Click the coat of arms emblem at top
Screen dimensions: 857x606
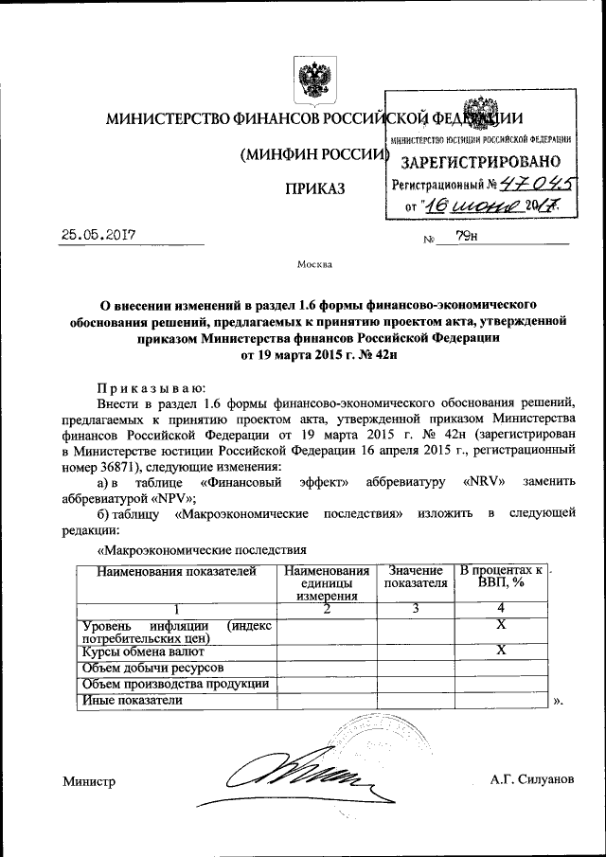click(x=309, y=79)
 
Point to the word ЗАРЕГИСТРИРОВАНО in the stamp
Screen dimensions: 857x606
click(x=486, y=160)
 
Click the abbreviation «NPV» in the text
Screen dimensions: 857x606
click(x=171, y=497)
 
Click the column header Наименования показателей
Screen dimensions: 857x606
click(x=169, y=571)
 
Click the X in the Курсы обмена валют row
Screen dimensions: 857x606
click(x=502, y=651)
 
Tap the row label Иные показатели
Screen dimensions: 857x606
click(x=131, y=701)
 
